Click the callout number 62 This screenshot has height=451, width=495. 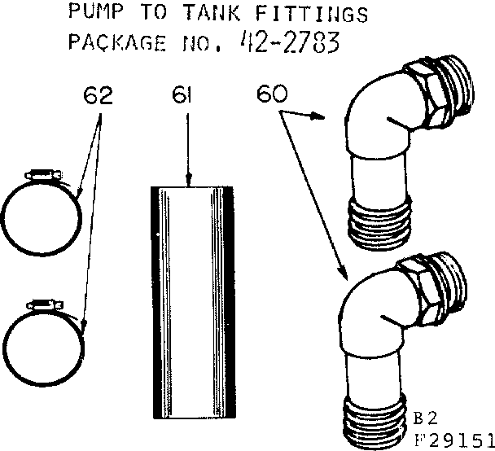[98, 96]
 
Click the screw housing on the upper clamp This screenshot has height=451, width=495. [43, 173]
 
